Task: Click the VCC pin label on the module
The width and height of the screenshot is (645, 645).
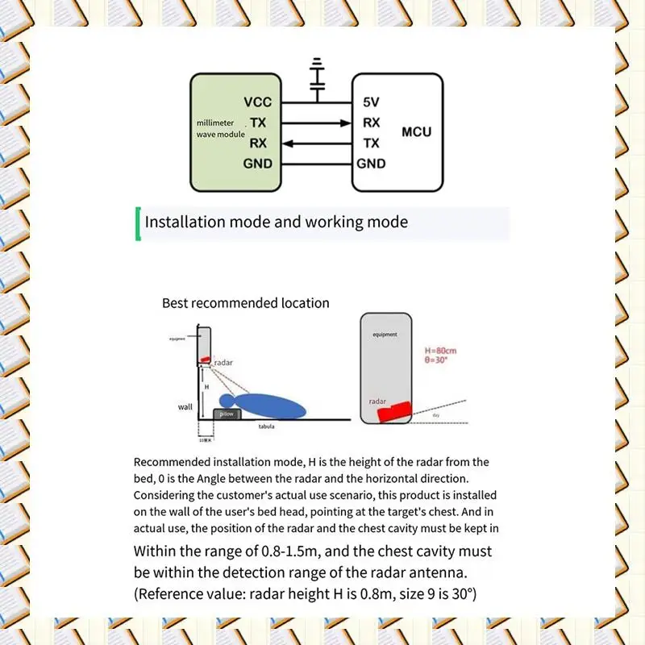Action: tap(258, 103)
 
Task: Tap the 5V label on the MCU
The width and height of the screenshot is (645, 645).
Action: tap(372, 103)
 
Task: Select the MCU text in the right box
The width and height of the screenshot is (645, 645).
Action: tap(416, 131)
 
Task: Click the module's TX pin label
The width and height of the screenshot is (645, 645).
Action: tap(258, 123)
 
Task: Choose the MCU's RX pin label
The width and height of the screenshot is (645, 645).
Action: tap(372, 123)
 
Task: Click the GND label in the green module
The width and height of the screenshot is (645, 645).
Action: tap(258, 164)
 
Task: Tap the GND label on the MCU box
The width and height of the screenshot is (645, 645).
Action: tap(372, 164)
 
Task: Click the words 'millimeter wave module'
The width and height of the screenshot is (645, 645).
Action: tap(220, 128)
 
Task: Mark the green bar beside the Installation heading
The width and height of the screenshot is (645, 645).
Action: tap(139, 224)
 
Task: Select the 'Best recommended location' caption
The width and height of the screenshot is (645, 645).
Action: tap(246, 303)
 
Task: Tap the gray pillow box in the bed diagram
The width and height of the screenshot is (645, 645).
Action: tap(227, 413)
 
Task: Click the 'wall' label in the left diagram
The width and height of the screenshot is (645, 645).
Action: tap(185, 407)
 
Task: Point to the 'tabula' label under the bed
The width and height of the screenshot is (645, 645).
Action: tap(266, 427)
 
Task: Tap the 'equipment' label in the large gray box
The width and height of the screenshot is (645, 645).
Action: tap(385, 334)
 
